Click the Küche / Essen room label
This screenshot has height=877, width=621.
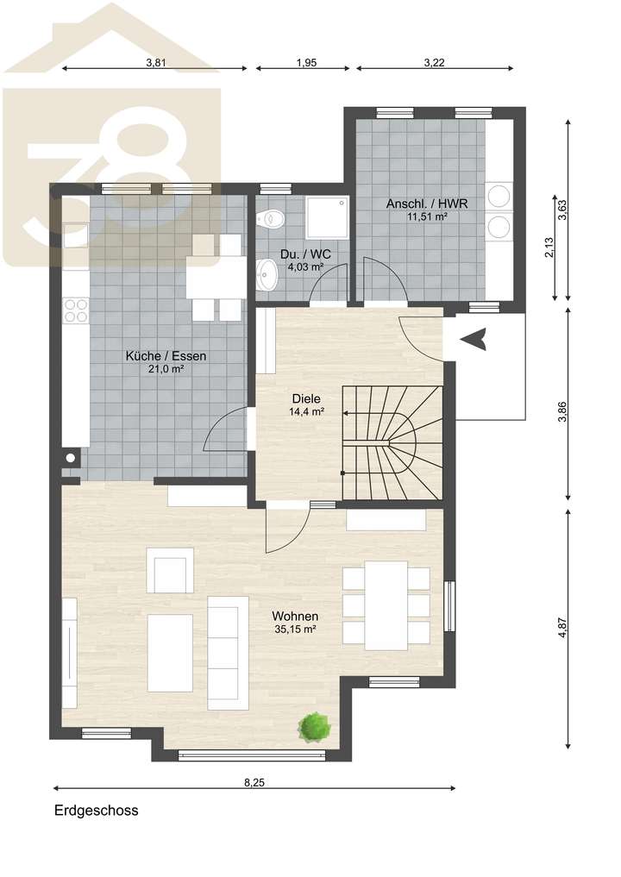point(166,355)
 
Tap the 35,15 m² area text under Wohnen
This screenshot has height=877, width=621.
point(295,630)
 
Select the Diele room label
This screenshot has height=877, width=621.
point(306,399)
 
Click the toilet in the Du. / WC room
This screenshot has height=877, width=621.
point(272,219)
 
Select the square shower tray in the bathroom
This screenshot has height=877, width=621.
point(327,216)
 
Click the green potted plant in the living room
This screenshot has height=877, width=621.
point(314,726)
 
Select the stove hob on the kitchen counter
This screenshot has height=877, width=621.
point(75,309)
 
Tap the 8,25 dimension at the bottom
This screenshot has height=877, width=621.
point(254,782)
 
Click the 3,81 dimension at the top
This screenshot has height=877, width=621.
point(155,62)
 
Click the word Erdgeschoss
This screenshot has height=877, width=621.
point(96,811)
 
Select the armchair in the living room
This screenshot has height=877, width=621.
point(170,571)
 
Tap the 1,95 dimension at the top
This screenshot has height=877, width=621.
point(306,62)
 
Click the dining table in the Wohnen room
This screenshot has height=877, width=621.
point(386,605)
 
